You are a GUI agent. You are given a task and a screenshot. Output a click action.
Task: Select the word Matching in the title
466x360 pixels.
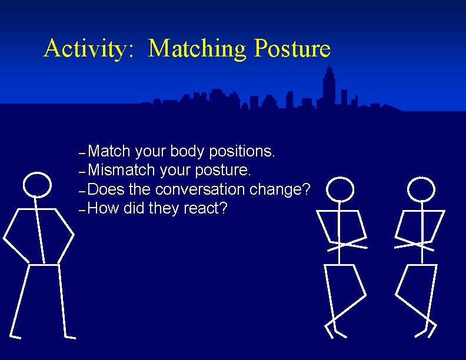tap(198, 49)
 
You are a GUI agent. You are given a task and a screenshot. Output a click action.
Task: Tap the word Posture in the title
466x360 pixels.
tap(292, 49)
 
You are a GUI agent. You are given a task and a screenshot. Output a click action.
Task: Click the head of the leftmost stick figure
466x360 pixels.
tap(37, 184)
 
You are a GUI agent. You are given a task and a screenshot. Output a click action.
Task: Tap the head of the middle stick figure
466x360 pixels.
tap(341, 189)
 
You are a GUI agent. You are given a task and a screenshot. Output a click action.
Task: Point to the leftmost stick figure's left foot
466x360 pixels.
tap(16, 336)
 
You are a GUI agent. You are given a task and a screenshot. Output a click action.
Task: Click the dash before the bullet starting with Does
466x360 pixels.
tap(82, 191)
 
